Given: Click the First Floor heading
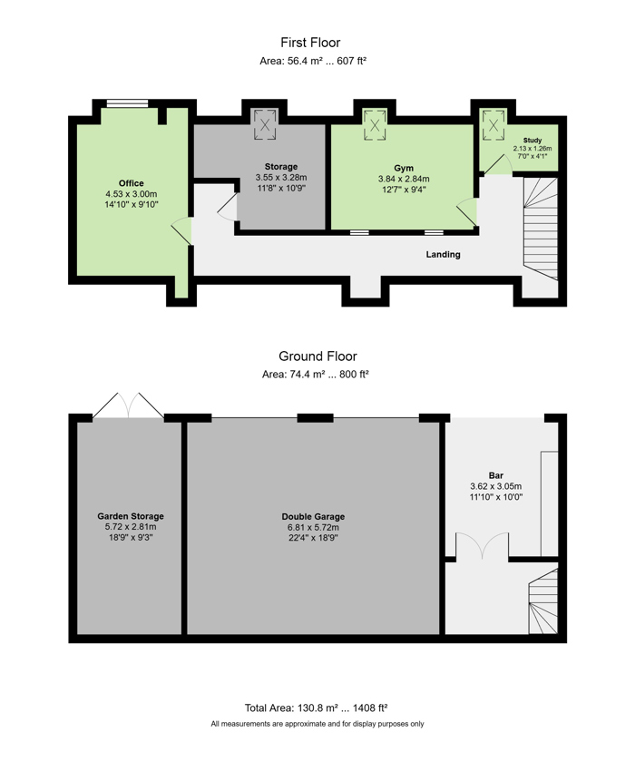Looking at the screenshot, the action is click(x=310, y=43).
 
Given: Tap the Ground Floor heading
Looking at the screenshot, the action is click(x=317, y=356).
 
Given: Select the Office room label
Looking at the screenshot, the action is click(x=132, y=183).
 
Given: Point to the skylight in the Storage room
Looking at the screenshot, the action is click(x=265, y=125).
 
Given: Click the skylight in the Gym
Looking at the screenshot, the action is click(x=375, y=125).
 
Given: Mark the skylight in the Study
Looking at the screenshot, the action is click(x=493, y=125).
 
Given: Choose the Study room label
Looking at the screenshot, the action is click(x=532, y=141).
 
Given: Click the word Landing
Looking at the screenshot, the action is click(x=444, y=254).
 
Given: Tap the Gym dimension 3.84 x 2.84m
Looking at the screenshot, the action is click(x=404, y=179).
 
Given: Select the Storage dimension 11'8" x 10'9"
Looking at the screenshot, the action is click(x=281, y=189).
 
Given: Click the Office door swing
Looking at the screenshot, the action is click(x=181, y=231).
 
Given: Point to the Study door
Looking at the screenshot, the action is click(x=498, y=165).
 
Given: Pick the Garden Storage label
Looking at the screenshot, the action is click(x=131, y=516).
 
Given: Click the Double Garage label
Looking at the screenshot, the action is click(x=313, y=517).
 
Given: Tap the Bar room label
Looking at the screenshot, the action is click(x=496, y=475).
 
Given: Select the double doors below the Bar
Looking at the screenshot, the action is click(x=482, y=546).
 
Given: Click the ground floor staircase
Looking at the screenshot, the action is click(x=543, y=602).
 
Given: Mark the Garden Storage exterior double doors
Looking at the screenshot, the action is click(x=129, y=405).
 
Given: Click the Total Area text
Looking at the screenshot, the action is click(x=317, y=708).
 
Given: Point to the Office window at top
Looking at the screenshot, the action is click(x=127, y=103).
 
